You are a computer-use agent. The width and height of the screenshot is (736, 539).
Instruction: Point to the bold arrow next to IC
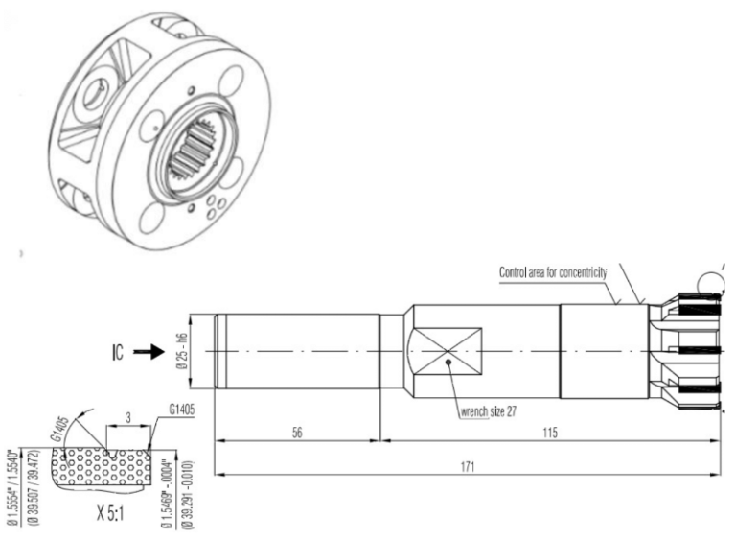point(149,353)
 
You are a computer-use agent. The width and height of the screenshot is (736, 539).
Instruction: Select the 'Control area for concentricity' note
point(556,272)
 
